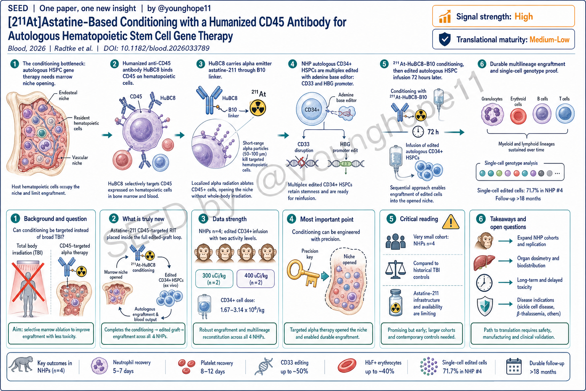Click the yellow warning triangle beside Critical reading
coord(451,222)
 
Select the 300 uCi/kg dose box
coord(214,279)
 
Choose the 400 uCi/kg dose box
coord(256,279)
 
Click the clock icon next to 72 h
coord(418,131)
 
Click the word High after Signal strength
coord(523,16)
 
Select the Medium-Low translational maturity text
coord(549,40)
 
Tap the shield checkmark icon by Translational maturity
coord(444,39)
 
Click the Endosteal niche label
coord(68,95)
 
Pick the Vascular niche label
coord(80,160)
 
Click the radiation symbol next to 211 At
coord(258,108)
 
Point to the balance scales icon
coord(395,270)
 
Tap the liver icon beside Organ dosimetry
coord(484,262)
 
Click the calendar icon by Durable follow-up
coord(514,367)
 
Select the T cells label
coord(564,99)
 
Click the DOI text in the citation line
coord(156,48)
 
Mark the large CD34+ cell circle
coord(312,110)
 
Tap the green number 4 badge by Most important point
coord(291,219)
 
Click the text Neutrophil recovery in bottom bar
coord(132,362)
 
